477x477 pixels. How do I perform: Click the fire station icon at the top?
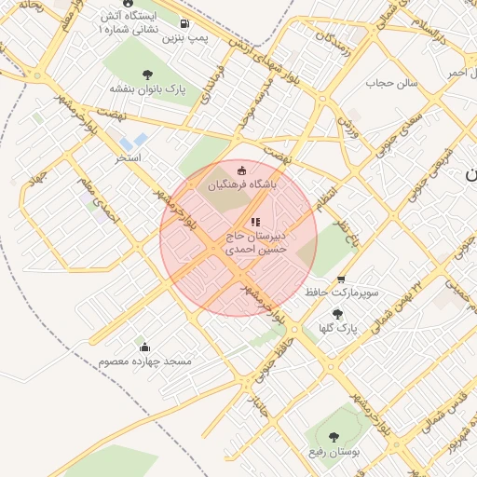pos(128,4)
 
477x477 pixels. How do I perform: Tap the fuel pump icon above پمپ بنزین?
pos(184,23)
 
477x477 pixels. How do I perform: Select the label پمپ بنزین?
pos(184,38)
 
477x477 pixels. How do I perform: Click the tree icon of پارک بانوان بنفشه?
pos(147,75)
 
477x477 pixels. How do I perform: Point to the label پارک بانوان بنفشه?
pos(148,89)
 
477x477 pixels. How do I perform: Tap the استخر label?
pos(127,158)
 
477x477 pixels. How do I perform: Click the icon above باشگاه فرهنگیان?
pos(243,170)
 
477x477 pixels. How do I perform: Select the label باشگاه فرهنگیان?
pos(243,185)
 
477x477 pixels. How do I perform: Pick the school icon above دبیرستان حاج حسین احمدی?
pos(254,222)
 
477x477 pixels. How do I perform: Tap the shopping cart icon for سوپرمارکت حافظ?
pos(341,279)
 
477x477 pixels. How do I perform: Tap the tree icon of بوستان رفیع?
pos(334,436)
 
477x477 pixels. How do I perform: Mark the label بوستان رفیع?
pos(334,452)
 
